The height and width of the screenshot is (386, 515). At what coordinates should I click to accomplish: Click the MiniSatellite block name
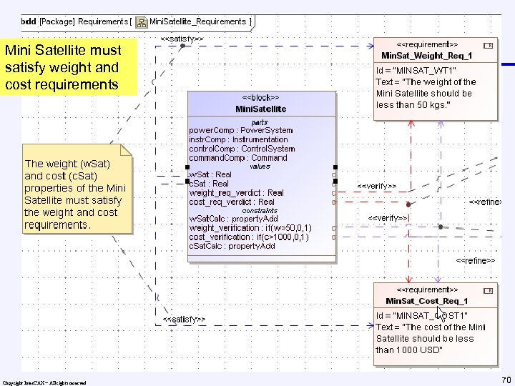coord(260,109)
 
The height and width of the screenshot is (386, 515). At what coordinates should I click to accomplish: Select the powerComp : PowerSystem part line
coord(240,130)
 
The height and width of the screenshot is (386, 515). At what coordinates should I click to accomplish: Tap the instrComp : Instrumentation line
coord(238,139)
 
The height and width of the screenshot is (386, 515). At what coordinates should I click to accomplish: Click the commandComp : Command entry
coord(237,158)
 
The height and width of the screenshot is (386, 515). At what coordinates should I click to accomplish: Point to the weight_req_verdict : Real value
coord(236,193)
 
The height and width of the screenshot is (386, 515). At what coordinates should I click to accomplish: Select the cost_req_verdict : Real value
coord(232,202)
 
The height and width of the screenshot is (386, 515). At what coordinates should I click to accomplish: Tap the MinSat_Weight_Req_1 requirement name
coord(426,55)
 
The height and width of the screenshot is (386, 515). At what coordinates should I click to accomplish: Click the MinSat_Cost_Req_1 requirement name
coord(426,301)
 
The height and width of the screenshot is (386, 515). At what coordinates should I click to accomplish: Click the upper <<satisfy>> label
coord(182,37)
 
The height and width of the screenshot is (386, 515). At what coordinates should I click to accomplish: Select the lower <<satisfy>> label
coord(184,319)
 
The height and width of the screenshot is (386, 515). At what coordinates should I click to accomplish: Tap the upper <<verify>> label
coord(376,186)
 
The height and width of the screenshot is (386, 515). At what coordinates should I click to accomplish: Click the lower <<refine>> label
coord(476,261)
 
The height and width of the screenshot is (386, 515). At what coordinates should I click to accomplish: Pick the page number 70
coord(506,379)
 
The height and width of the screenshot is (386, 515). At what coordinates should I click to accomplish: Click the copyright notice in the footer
coord(44,383)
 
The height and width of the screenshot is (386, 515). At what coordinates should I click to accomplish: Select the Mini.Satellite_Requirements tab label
coord(197,21)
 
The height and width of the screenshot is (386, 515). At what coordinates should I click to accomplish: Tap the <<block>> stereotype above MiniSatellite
coord(260,97)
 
